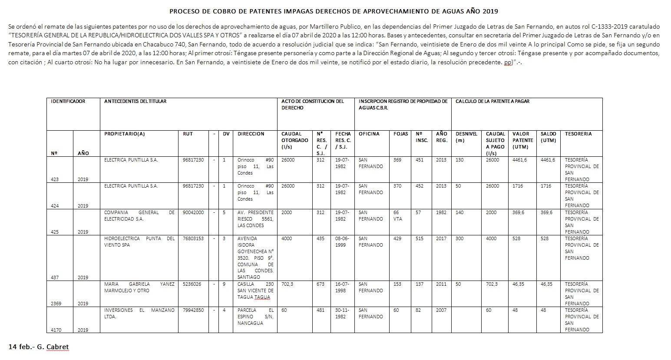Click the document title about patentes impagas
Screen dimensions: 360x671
(334, 11)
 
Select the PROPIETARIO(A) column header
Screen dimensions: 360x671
(125, 134)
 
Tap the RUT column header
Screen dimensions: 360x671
(188, 134)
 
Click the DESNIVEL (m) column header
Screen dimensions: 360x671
(466, 137)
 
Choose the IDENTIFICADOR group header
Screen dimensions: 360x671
(68, 101)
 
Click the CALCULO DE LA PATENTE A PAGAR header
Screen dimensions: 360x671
(492, 101)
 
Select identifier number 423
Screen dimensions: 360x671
(55, 179)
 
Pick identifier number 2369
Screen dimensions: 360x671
(56, 304)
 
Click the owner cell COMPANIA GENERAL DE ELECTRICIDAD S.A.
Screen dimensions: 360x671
(139, 215)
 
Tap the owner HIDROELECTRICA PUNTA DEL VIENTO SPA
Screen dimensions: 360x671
(139, 241)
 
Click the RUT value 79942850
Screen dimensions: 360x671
(193, 310)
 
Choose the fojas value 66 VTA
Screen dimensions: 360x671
(397, 215)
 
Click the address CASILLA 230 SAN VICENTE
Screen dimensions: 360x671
(255, 291)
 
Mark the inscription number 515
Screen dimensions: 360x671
(420, 238)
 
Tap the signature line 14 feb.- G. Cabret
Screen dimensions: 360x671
(39, 347)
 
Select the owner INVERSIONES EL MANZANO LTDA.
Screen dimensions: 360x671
(139, 313)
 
